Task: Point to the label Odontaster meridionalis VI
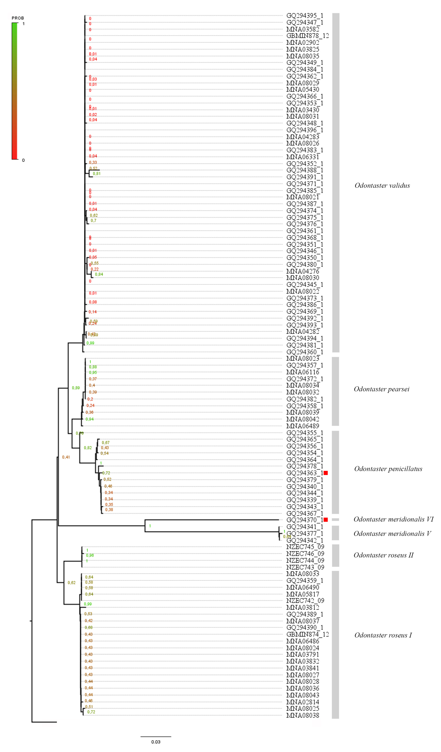pos(393,519)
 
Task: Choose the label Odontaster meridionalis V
pos(392,534)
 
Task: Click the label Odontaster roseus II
pos(383,555)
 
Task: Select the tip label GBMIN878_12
pos(307,36)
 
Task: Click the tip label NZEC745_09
pos(305,547)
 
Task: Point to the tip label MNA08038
pos(303,715)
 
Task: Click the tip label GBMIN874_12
pos(307,634)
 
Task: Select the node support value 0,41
pos(66,457)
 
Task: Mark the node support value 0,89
pos(76,388)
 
